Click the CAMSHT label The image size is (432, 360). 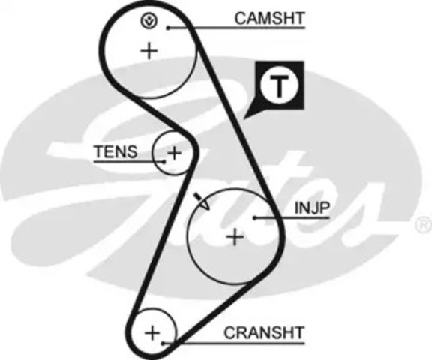pos(270,18)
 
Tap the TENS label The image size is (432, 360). pos(115,151)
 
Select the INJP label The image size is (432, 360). pos(312,208)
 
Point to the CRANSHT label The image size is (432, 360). pos(264,332)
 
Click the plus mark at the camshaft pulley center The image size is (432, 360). pos(149,51)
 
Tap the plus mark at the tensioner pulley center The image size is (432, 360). pos(174,152)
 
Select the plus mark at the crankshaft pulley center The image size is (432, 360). pos(152,334)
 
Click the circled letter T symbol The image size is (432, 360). pos(280,85)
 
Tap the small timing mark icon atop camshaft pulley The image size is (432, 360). pos(149,21)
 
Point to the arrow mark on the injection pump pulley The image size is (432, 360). pos(202,202)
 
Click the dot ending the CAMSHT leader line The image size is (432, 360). pos(168,28)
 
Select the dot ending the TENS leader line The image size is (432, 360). pos(164,162)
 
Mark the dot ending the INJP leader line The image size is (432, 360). pos(255,218)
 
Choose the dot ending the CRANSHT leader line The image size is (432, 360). pos(163,343)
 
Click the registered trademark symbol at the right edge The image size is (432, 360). pos(424,224)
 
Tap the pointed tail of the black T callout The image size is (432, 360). pos(244,118)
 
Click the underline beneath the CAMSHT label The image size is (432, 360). pos(236,28)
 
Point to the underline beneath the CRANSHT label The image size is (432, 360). pos(234,343)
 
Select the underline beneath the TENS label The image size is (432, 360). pos(129,162)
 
